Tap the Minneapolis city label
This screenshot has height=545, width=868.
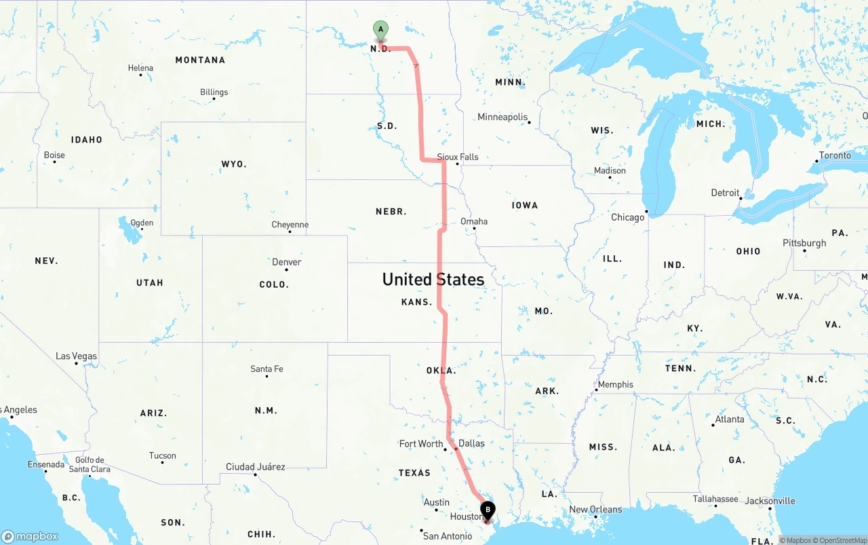[x=502, y=117]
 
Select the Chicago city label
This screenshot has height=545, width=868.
[x=627, y=217]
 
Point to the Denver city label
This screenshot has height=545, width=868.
[x=287, y=262]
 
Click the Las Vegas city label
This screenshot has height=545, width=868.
[x=76, y=356]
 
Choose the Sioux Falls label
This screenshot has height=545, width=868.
[x=458, y=157]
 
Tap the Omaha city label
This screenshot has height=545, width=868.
[x=474, y=221]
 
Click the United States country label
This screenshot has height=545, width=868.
[x=433, y=279]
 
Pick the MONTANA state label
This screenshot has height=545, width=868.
[x=200, y=60]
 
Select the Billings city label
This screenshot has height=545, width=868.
[x=214, y=92]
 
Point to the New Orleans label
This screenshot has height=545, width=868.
[x=595, y=510]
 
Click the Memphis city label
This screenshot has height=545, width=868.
[x=616, y=385]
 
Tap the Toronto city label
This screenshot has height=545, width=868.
[x=835, y=155]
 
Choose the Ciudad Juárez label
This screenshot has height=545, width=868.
[x=256, y=467]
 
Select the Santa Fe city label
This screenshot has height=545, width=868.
[x=267, y=369]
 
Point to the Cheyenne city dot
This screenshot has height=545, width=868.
[x=290, y=232]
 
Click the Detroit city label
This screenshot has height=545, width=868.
[x=725, y=193]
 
